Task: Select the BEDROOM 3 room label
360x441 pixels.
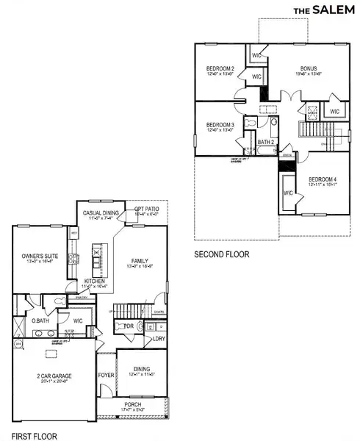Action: point(220,125)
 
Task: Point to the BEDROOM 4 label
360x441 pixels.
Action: point(323,179)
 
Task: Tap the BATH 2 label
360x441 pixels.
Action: point(266,142)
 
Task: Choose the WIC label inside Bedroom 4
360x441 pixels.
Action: point(287,193)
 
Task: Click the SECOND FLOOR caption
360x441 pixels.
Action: point(222,254)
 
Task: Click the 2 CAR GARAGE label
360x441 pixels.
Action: point(56,376)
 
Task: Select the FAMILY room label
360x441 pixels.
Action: point(140,260)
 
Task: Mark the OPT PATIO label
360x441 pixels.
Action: point(147,209)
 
